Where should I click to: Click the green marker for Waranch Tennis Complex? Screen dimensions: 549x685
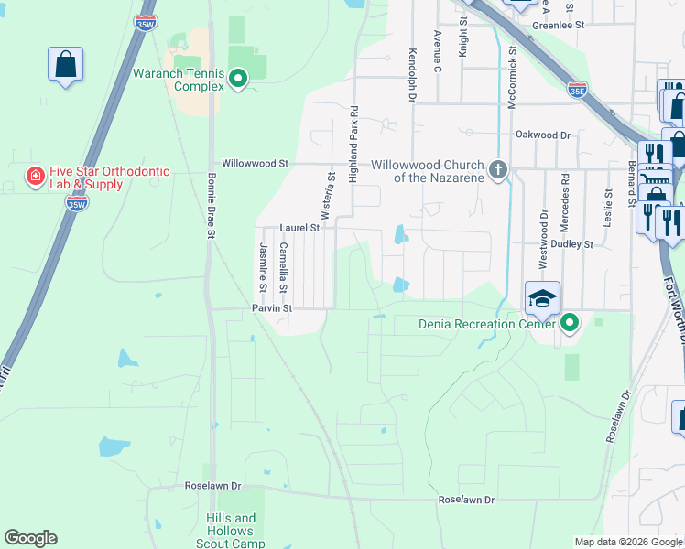238,79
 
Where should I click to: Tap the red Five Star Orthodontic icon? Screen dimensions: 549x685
35,176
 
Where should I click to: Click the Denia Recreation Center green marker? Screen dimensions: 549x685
570,322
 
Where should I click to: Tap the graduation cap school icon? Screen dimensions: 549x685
541,298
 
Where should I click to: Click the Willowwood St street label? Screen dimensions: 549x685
255,164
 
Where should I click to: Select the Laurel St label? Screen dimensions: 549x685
300,227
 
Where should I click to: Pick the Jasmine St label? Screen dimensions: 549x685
263,267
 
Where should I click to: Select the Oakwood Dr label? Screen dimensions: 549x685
542,135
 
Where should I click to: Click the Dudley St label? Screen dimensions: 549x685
575,244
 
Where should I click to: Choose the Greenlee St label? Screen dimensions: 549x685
558,26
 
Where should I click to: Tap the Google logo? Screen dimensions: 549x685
30,538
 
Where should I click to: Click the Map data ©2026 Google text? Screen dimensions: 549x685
627,542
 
